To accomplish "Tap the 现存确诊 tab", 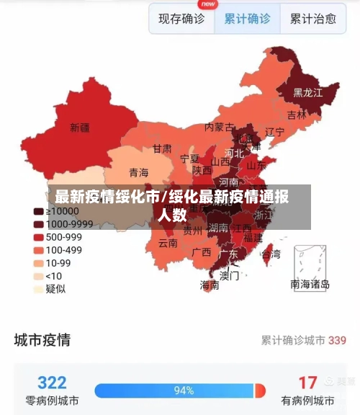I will (x=181, y=19).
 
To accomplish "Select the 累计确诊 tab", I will (x=247, y=19).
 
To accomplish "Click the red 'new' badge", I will (x=208, y=4).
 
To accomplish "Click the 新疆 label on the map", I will (x=80, y=128).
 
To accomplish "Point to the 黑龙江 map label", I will (x=307, y=93).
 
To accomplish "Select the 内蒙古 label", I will (x=220, y=127).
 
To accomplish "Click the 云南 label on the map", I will (x=168, y=243).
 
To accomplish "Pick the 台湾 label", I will (x=271, y=254).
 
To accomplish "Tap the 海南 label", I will (x=210, y=285).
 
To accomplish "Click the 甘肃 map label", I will (x=162, y=148).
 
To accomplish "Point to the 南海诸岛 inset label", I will (x=310, y=284).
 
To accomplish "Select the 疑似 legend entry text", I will (x=55, y=288).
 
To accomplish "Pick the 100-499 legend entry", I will (x=63, y=250).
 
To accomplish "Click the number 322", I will (x=52, y=382).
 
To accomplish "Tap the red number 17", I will (x=307, y=382).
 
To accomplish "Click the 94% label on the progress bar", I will (x=184, y=391).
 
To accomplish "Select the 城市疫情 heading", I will (x=42, y=339).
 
